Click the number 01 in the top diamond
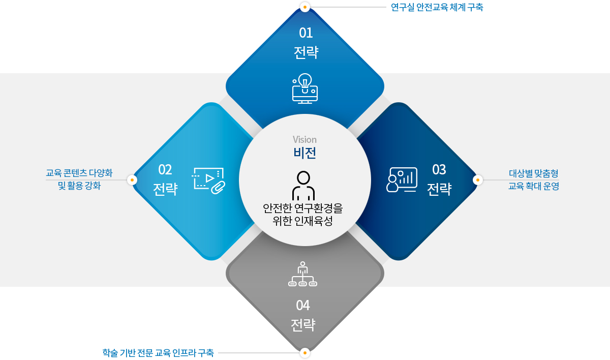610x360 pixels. point(306,33)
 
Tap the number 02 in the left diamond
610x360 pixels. point(165,169)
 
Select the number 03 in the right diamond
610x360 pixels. point(439,169)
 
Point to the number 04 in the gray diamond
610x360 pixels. point(303,305)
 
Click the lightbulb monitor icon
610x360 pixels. point(305,88)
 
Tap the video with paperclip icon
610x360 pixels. point(209,180)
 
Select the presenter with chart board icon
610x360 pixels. point(402,179)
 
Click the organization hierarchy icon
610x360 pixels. point(302,274)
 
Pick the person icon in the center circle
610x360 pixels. point(303,185)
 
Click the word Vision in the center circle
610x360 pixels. point(304,139)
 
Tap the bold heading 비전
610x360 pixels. point(304,153)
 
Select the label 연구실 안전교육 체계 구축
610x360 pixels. point(437,8)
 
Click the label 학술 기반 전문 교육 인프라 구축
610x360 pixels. point(158,353)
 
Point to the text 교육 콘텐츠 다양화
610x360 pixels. point(79,173)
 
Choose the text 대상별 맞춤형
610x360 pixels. point(534,173)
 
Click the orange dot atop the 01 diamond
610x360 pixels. point(304,7)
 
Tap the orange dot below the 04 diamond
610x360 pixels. point(304,352)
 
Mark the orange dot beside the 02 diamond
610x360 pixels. point(132,180)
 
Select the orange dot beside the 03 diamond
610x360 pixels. point(477,180)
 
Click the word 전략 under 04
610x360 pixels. point(303,324)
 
